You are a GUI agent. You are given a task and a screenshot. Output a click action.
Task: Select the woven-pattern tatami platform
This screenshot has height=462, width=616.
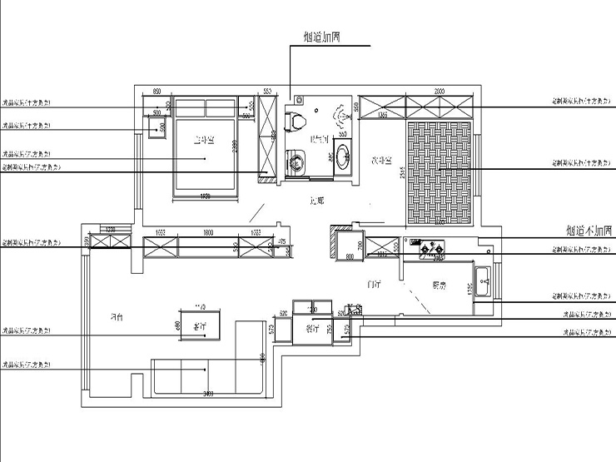pyautogui.click(x=440, y=172)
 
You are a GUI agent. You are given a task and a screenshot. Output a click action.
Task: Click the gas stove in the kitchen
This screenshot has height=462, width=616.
pyautogui.click(x=431, y=246)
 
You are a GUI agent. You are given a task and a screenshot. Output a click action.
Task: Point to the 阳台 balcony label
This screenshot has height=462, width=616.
pyautogui.click(x=117, y=317)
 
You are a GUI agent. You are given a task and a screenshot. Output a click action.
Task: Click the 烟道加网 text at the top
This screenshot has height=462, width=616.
pyautogui.click(x=320, y=37)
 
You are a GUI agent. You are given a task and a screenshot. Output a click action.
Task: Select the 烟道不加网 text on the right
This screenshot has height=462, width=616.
pyautogui.click(x=589, y=229)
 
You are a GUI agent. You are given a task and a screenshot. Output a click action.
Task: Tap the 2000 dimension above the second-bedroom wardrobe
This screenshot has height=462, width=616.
pyautogui.click(x=439, y=92)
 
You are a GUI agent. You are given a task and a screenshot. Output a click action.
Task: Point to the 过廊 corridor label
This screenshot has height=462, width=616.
pyautogui.click(x=315, y=201)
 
